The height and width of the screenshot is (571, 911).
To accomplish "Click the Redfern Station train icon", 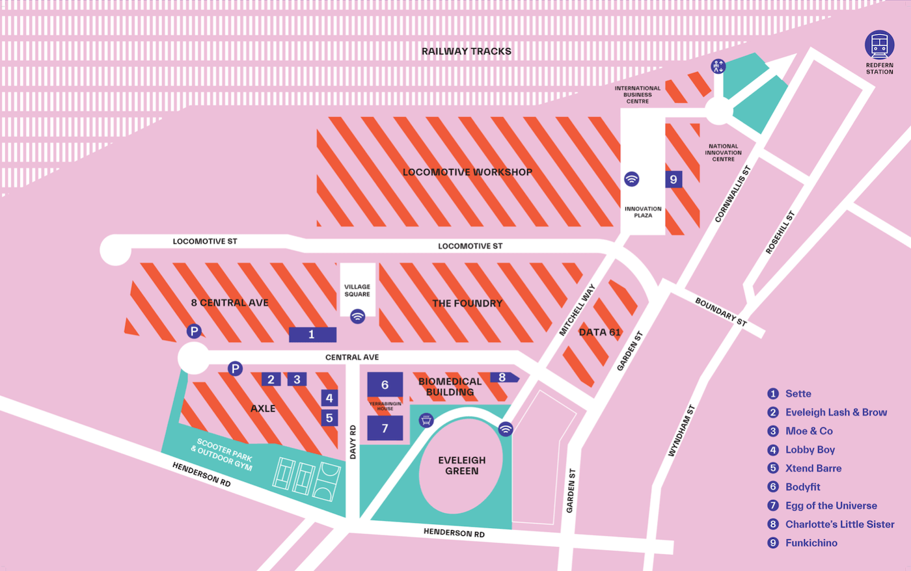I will point(879,45).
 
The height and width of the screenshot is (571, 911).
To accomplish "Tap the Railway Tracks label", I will point(466,51).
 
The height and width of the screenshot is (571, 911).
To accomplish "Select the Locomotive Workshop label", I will point(467,172).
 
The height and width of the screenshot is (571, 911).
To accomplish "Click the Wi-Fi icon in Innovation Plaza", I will point(631,179).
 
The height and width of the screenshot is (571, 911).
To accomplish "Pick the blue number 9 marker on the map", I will point(673,179).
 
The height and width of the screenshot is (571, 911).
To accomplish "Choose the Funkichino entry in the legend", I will point(811,542).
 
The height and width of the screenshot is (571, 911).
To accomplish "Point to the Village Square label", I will point(357,290).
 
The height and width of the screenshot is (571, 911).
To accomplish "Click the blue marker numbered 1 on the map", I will point(312,334).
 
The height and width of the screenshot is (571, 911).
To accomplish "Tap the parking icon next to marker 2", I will point(235,369).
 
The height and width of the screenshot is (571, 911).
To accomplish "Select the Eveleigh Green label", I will point(461,465).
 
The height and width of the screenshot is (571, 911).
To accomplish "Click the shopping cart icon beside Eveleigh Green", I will point(426,420).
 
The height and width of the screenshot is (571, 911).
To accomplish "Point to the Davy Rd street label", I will point(353,442).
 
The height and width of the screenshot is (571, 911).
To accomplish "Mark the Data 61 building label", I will point(599,332).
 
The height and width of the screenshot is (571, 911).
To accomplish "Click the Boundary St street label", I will point(720,312).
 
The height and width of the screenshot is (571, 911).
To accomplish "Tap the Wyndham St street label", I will point(681,431).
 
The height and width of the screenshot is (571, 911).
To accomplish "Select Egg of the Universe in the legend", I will point(830,505).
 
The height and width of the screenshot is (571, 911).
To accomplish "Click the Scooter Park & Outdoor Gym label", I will point(223,453).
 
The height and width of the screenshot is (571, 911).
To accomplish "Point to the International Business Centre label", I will point(638,95).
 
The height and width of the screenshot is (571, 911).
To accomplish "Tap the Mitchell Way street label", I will point(577,310).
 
